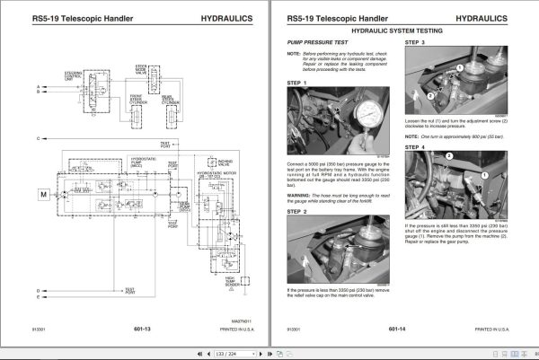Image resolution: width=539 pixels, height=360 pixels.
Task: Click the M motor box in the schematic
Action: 15,194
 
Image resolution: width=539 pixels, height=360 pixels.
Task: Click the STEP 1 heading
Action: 297,83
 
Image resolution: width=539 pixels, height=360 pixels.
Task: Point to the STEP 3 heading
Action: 416,42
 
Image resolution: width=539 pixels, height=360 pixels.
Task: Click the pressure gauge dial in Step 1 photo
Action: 367,115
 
